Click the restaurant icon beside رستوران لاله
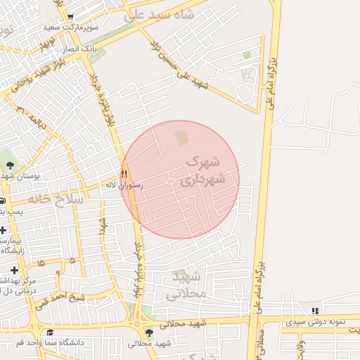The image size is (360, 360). click(124, 174)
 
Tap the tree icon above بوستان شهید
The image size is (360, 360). click(10, 166)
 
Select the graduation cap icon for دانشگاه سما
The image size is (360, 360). click(49, 333)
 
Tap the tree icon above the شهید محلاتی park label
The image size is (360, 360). click(148, 333)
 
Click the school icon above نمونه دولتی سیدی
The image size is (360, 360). click(316, 310)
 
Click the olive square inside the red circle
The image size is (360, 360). click(181, 137)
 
